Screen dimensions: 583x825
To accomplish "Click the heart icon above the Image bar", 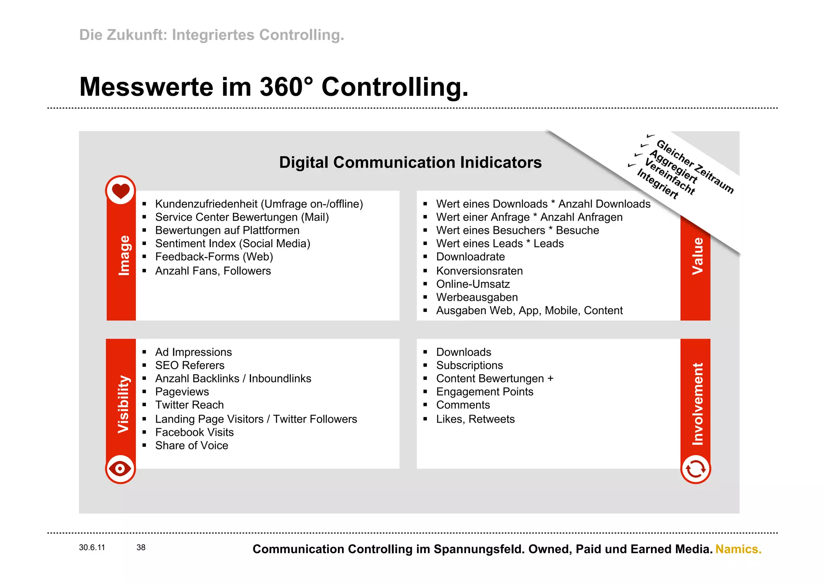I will coord(120,190).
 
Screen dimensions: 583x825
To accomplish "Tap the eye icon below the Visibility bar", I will coord(120,469).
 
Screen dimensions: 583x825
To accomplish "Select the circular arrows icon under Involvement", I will coord(695,469).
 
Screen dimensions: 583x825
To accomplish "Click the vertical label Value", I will coord(697,256).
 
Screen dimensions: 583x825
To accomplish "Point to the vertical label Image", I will coord(124,255).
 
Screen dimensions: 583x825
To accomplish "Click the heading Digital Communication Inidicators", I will coord(410,162).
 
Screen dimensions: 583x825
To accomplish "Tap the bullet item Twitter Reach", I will coord(189,405).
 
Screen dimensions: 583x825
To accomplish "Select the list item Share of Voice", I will coord(192,446).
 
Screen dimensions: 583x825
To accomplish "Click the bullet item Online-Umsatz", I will coord(473,284).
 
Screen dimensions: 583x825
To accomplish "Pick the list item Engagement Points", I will coord(485,392).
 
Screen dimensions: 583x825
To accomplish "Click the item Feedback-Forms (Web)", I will coord(214,257).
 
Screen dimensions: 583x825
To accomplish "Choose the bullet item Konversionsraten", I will coord(479,271).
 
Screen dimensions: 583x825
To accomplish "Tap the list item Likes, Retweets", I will coord(475,419).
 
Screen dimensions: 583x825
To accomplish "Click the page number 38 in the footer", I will coord(141,548).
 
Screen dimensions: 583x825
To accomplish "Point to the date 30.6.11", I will coord(92,548).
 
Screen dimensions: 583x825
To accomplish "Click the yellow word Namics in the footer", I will coord(738,549).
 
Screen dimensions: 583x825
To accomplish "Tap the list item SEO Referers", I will coord(190,365).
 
